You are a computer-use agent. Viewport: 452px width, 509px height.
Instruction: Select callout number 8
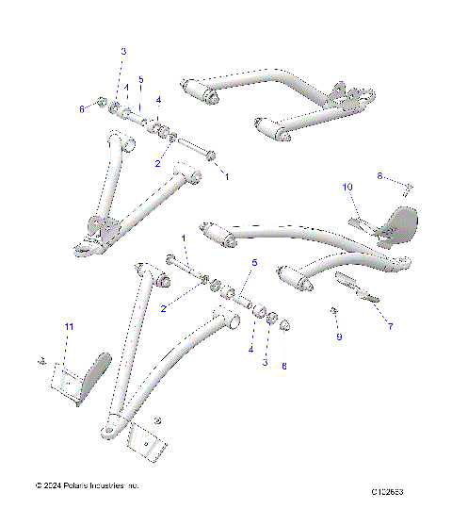pyautogui.click(x=380, y=175)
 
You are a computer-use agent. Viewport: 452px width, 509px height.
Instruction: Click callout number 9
pyautogui.click(x=339, y=337)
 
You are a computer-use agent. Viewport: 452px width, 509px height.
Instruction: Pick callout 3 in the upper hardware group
pyautogui.click(x=122, y=51)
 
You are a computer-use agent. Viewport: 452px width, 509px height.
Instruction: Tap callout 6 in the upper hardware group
pyautogui.click(x=82, y=109)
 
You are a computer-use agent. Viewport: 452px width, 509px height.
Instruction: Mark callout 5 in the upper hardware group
pyautogui.click(x=141, y=79)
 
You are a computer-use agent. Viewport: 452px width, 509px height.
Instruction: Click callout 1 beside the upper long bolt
pyautogui.click(x=225, y=174)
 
